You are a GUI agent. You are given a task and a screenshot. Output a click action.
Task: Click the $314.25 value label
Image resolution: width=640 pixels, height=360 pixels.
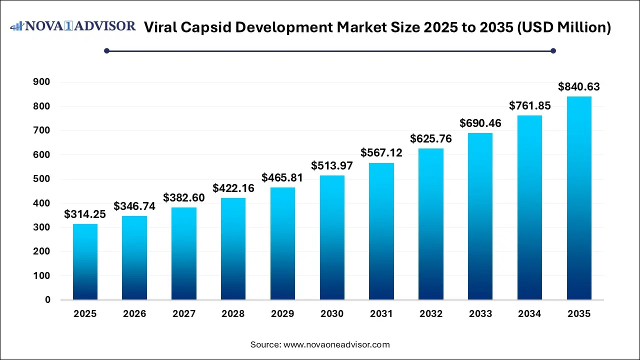tap(85, 214)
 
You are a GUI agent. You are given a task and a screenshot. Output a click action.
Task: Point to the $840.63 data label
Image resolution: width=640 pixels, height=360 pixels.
tap(579, 87)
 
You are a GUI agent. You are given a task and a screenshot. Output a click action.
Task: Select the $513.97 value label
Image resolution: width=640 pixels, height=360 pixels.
tap(332, 165)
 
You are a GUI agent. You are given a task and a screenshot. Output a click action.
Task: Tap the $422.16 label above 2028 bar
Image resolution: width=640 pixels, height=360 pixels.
tap(233, 188)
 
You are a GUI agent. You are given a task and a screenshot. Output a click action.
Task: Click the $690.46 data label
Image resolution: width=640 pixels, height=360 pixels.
tap(480, 123)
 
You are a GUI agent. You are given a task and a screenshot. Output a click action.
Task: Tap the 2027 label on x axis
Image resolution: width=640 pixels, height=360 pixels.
tap(184, 314)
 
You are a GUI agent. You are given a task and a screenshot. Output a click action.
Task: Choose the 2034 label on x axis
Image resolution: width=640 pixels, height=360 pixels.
tap(529, 314)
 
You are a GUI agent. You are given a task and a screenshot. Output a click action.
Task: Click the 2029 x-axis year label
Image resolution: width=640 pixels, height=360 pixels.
tap(282, 314)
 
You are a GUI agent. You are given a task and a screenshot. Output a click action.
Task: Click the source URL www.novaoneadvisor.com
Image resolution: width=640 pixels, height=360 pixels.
tap(336, 344)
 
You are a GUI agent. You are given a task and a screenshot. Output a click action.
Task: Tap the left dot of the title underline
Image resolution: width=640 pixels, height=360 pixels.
tap(106, 50)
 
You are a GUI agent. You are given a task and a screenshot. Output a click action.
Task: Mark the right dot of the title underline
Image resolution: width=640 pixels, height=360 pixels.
tap(553, 50)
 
